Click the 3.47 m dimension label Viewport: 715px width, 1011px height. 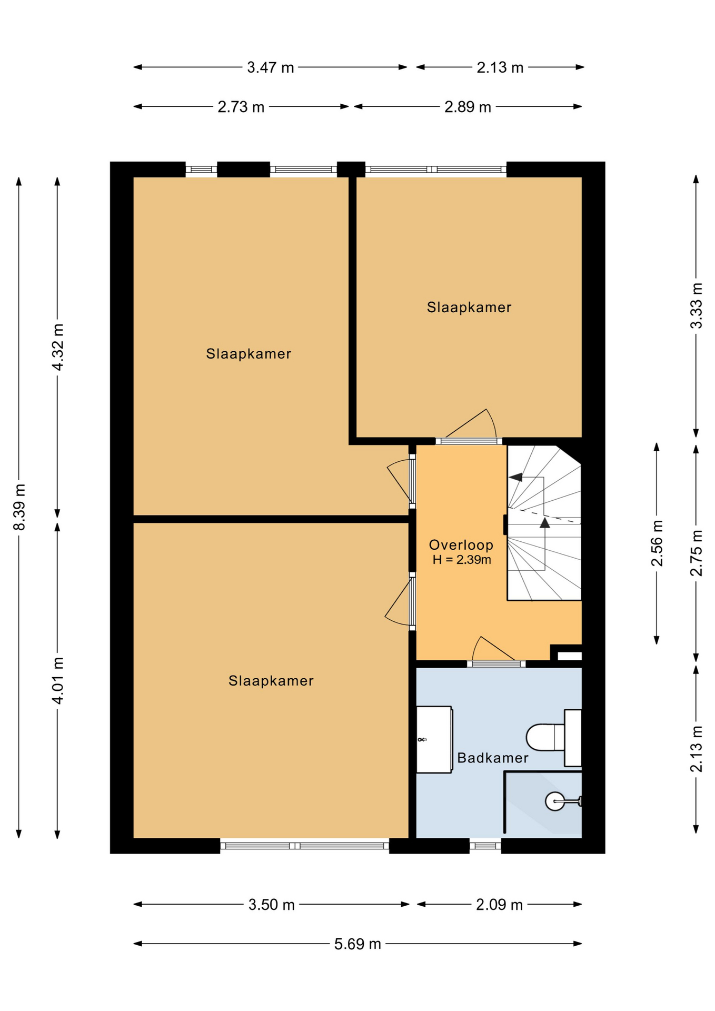pos(271,67)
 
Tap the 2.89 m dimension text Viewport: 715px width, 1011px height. pos(468,107)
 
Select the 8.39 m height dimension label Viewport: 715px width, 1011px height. pos(19,507)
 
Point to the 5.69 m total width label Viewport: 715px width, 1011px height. pos(357,944)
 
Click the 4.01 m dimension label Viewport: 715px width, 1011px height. pos(58,680)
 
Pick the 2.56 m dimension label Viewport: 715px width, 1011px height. pos(657,543)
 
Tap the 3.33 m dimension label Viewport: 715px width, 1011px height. pos(697,306)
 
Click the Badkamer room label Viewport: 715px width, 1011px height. pos(492,758)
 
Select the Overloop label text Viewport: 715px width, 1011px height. pos(461,545)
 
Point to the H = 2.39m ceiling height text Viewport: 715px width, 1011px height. pos(462,560)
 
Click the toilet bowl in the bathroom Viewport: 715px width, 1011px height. pos(545,737)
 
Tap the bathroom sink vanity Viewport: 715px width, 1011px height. pos(434,739)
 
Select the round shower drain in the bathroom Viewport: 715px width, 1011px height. pos(555,801)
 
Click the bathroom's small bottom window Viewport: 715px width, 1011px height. pos(485,846)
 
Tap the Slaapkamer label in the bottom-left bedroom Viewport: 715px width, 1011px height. pos(271,681)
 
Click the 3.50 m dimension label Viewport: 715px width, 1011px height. pos(272,905)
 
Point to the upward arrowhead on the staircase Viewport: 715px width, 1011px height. pos(545,522)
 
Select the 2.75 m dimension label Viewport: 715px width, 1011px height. pos(697,553)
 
